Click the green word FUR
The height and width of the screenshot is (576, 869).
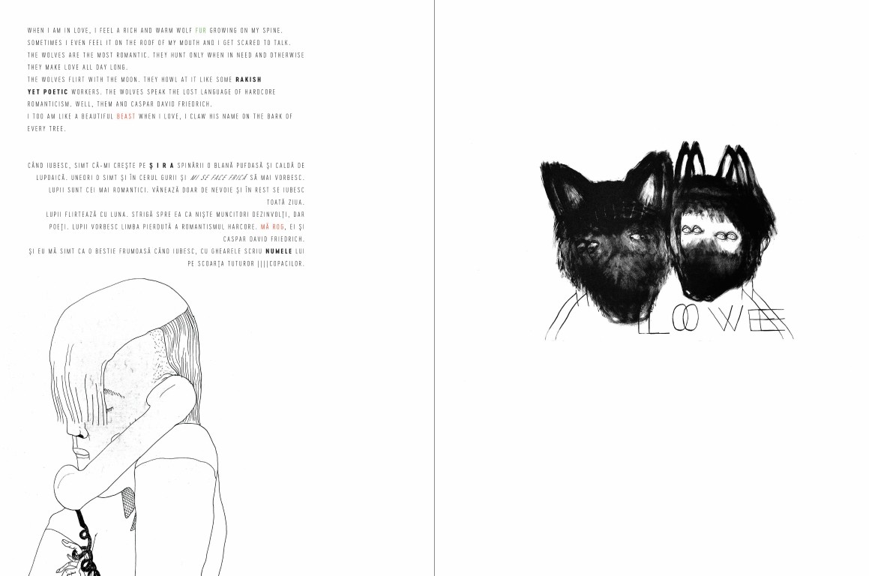pyautogui.click(x=201, y=31)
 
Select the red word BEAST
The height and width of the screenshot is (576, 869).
pyautogui.click(x=126, y=116)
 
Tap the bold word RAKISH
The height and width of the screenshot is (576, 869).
pyautogui.click(x=248, y=79)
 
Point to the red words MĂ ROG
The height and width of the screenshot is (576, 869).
pyautogui.click(x=272, y=226)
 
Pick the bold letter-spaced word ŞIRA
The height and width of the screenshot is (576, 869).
pyautogui.click(x=162, y=165)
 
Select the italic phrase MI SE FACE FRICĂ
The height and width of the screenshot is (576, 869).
pyautogui.click(x=218, y=178)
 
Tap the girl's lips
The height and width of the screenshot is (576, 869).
pyautogui.click(x=82, y=454)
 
